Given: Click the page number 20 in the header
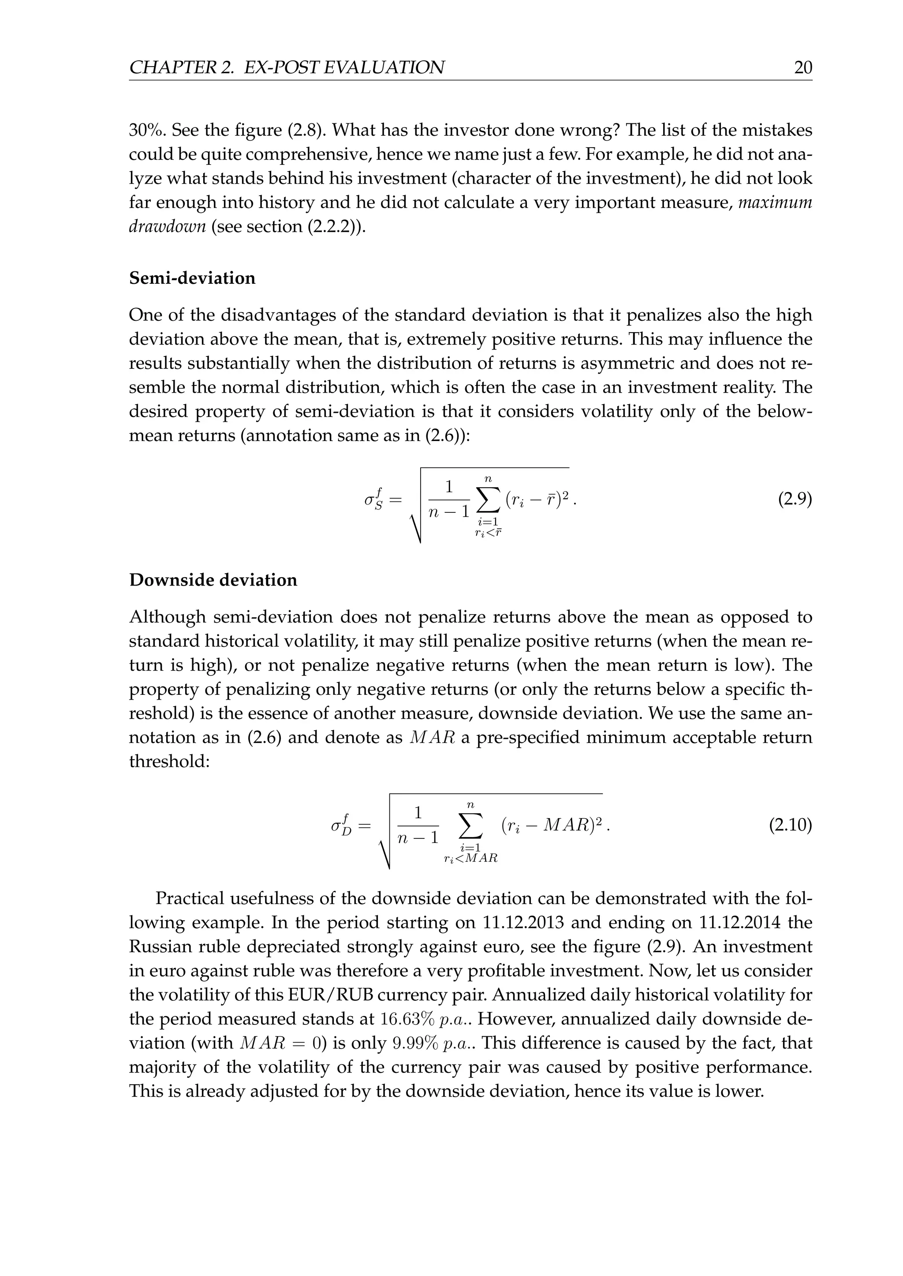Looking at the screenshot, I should point(803,68).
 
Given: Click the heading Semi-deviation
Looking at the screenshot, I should point(192,278).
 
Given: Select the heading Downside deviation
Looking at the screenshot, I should point(213,580).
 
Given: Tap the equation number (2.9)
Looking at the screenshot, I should point(795,500).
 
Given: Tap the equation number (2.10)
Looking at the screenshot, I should point(790,825).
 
